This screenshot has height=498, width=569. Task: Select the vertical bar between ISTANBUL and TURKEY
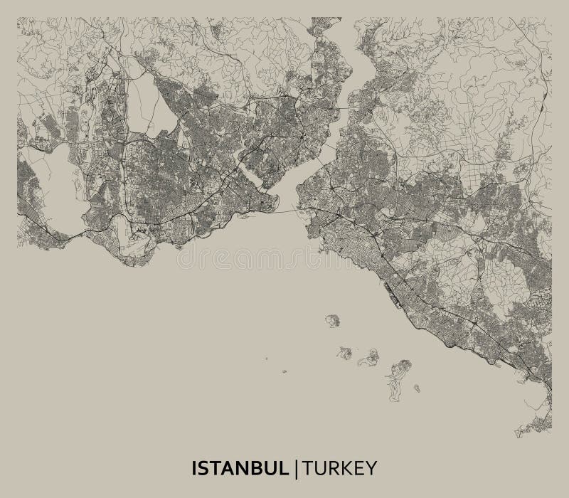(x=299, y=468)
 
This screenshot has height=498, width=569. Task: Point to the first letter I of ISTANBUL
(x=195, y=468)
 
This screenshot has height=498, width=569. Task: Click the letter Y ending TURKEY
(x=371, y=468)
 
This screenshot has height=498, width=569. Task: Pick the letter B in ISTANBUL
(x=259, y=468)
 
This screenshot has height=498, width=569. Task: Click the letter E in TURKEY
(x=358, y=468)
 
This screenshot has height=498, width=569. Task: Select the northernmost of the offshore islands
(x=332, y=320)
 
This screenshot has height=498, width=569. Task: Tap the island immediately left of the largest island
(x=368, y=357)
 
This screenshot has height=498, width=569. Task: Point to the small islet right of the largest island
(x=417, y=388)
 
